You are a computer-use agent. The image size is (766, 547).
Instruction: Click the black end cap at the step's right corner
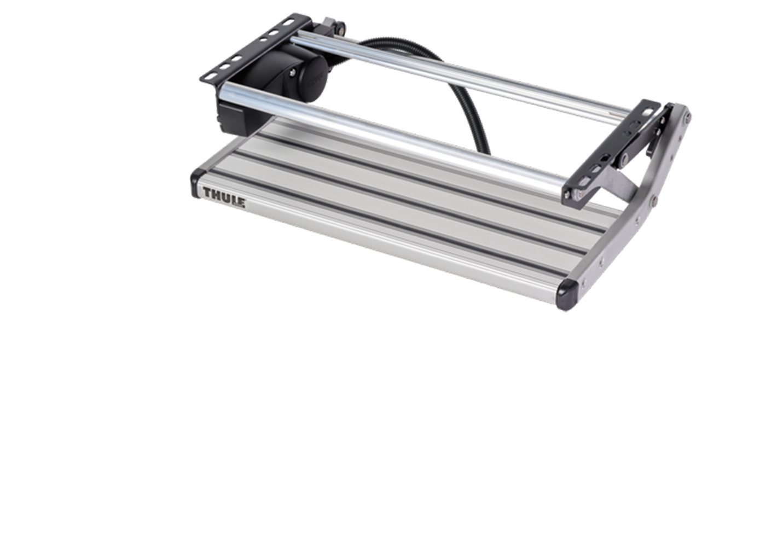[568, 294]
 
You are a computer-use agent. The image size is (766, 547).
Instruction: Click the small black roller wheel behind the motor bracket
[340, 30]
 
